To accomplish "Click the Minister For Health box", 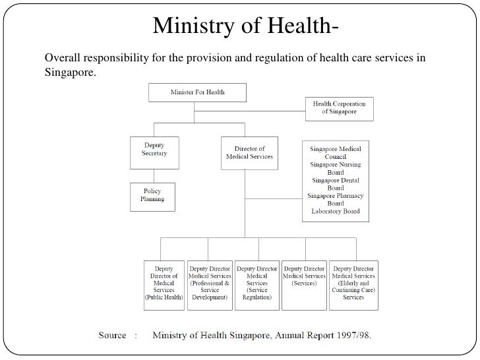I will (x=197, y=92).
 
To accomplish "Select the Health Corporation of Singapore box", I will (x=339, y=108).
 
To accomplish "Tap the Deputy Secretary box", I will (x=154, y=149).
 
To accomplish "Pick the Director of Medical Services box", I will (x=249, y=153).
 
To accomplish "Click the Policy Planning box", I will (x=152, y=196).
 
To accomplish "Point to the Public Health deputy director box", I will (x=164, y=283).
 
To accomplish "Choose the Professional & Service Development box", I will (x=210, y=283).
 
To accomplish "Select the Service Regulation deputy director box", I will (x=256, y=283).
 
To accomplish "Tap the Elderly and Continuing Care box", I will (x=353, y=283).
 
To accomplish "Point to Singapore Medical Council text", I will (x=336, y=153).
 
